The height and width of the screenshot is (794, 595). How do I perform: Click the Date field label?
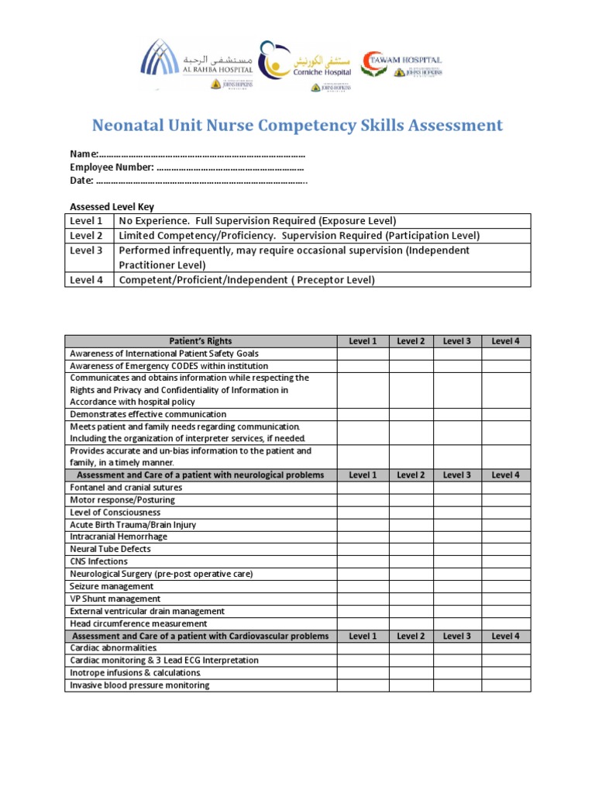click(81, 181)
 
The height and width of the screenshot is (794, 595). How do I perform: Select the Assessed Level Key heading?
click(112, 207)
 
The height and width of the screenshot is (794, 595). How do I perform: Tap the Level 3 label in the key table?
click(86, 250)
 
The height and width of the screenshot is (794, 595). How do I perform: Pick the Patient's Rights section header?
click(201, 341)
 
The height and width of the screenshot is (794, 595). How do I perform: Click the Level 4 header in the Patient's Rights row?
click(505, 341)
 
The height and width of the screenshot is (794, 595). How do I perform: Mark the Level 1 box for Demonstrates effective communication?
click(363, 415)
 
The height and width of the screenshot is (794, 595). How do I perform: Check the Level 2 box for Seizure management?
click(411, 587)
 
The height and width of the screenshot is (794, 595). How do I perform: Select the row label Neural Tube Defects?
click(110, 550)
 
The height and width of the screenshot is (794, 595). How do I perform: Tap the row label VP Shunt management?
click(115, 599)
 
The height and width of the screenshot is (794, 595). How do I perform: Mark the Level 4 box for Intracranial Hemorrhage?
click(505, 537)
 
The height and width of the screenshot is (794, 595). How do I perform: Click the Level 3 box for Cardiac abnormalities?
click(457, 648)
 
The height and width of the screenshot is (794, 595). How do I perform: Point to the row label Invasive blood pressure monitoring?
click(139, 685)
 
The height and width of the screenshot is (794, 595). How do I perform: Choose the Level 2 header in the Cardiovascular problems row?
click(411, 636)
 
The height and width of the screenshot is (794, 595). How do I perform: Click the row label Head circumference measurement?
click(139, 623)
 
